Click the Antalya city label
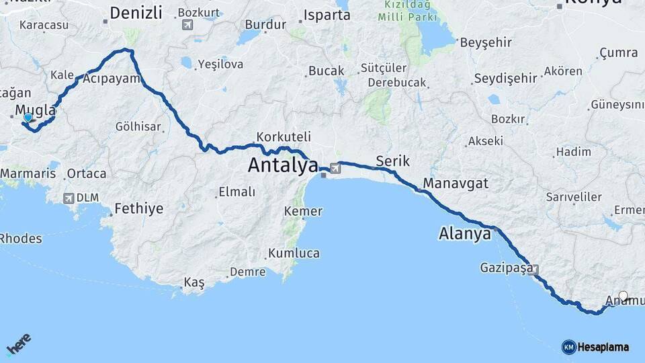pyautogui.click(x=283, y=165)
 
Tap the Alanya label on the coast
pyautogui.click(x=464, y=234)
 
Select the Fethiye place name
pyautogui.click(x=138, y=208)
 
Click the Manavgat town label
pyautogui.click(x=456, y=183)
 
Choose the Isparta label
pyautogui.click(x=327, y=15)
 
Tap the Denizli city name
pyautogui.click(x=136, y=12)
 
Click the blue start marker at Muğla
pyautogui.click(x=28, y=118)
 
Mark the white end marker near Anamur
pyautogui.click(x=623, y=295)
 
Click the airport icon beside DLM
pyautogui.click(x=68, y=198)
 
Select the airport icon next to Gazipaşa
pyautogui.click(x=535, y=270)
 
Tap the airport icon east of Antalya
pyautogui.click(x=335, y=167)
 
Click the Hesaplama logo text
pyautogui.click(x=603, y=347)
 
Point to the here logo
pyautogui.click(x=19, y=346)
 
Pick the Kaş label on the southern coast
pyautogui.click(x=194, y=283)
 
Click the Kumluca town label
pyautogui.click(x=294, y=253)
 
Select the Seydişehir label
pyautogui.click(x=505, y=79)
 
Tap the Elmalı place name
pyautogui.click(x=236, y=192)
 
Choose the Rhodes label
pyautogui.click(x=21, y=239)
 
